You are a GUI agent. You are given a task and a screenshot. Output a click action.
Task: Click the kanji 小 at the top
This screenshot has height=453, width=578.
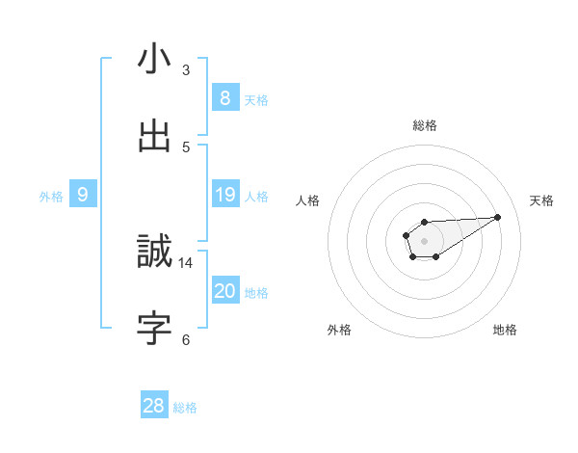click(x=154, y=59)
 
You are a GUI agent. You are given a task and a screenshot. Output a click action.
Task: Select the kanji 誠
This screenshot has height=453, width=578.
click(x=154, y=253)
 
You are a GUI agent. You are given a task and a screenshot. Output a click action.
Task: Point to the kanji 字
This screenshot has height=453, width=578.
click(x=154, y=328)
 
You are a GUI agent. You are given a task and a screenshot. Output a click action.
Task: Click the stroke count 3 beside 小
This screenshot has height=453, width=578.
click(x=186, y=70)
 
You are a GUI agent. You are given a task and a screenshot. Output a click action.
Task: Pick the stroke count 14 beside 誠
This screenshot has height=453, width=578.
click(x=186, y=262)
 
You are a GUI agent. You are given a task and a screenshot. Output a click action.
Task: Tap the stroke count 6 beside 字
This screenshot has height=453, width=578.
click(x=186, y=338)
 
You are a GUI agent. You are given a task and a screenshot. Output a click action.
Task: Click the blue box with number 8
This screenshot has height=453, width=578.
click(x=224, y=98)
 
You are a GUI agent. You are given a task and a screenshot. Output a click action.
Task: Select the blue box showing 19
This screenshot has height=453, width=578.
click(x=224, y=195)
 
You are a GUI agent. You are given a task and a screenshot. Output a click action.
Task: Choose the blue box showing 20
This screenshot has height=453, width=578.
click(x=224, y=291)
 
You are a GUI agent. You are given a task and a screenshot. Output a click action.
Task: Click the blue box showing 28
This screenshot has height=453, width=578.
click(x=153, y=406)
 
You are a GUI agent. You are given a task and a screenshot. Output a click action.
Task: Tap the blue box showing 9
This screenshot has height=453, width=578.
click(x=83, y=195)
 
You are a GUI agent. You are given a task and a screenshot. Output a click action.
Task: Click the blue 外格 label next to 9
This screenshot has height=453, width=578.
click(x=51, y=197)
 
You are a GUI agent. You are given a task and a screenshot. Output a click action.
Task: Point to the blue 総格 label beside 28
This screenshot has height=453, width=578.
click(x=185, y=408)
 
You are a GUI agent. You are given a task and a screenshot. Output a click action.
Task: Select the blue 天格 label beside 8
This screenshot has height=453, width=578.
click(x=255, y=100)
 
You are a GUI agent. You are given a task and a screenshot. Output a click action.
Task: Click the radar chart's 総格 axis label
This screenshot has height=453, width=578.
click(x=425, y=125)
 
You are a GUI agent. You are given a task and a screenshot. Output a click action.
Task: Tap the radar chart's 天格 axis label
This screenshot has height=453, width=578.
click(x=541, y=200)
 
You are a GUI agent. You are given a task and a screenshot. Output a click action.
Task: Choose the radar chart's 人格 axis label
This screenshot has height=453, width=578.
click(x=308, y=200)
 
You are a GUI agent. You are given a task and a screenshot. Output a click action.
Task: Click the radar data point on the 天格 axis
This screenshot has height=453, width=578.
click(x=498, y=216)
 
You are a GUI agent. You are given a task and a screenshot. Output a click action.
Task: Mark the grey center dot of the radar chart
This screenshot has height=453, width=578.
click(x=424, y=240)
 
